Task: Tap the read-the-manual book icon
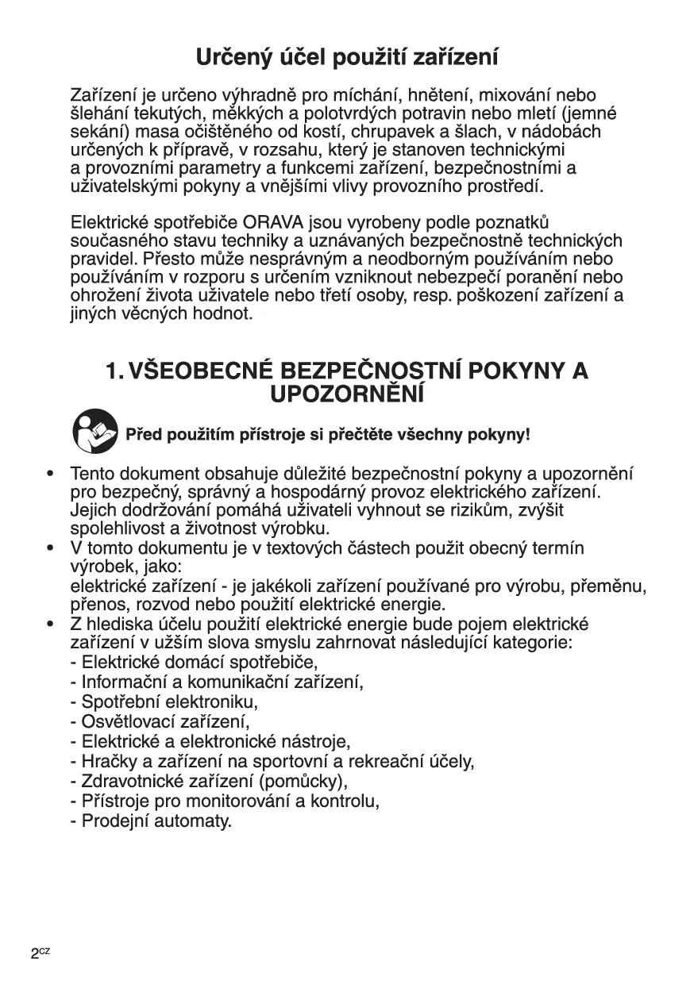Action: click(95, 432)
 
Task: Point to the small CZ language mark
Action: click(45, 951)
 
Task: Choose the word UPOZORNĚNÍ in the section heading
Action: click(347, 394)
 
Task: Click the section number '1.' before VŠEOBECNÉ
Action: click(114, 371)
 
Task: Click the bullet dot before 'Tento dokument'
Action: click(50, 474)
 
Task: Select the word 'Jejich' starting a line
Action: click(92, 510)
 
